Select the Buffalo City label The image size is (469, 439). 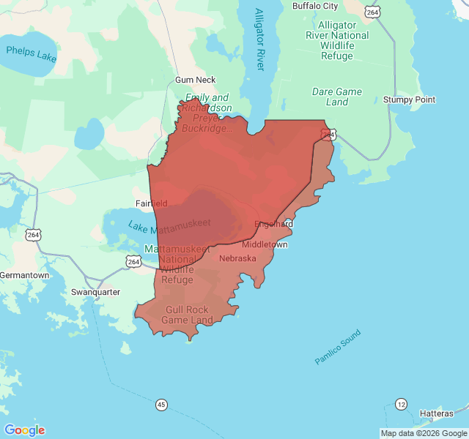[x=315, y=6]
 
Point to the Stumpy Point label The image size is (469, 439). [x=409, y=100]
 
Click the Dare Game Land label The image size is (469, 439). [x=337, y=97]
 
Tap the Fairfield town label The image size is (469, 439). [x=152, y=203]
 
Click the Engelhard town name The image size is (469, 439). [x=274, y=223]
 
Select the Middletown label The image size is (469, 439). [x=265, y=244]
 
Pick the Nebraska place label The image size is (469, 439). [x=237, y=258]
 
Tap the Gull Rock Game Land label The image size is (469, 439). [x=187, y=315]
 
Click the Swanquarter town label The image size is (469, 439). [x=95, y=292]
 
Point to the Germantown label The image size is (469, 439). [x=25, y=275]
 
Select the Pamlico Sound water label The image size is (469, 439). [x=337, y=348]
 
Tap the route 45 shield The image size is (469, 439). [x=161, y=405]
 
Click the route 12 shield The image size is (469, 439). [x=401, y=404]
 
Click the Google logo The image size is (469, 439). [x=24, y=430]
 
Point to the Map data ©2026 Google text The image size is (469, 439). [x=423, y=433]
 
